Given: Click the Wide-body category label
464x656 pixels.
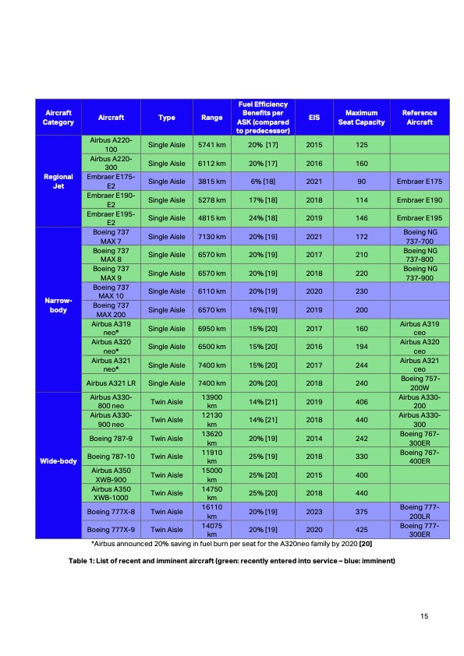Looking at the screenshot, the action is tap(58, 461).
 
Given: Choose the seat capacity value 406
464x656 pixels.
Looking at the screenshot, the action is tap(361, 401).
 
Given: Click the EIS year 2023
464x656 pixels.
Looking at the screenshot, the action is tap(314, 513).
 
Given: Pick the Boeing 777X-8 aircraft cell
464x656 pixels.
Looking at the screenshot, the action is tap(111, 513).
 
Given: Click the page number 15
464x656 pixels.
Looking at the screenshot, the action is tap(424, 617).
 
